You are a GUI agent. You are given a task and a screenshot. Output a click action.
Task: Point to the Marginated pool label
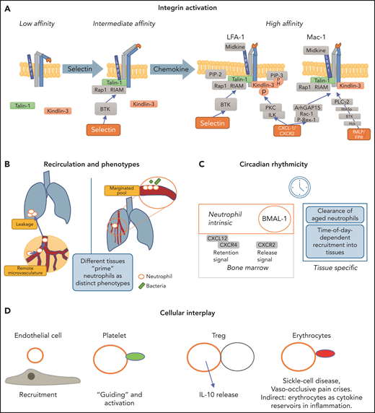point(125,190)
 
